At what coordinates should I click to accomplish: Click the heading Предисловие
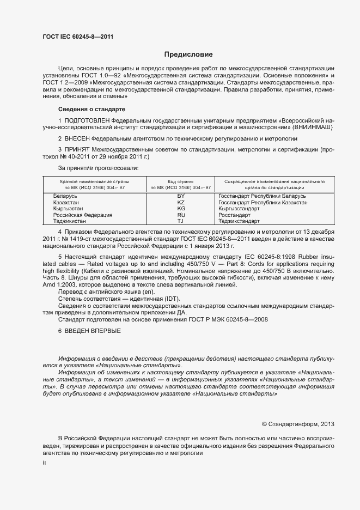tap(188, 54)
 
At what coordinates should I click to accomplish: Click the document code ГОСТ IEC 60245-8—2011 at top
tap(78, 37)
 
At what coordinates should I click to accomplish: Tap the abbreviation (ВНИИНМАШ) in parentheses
tap(314, 127)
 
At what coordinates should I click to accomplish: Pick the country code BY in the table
tap(181, 196)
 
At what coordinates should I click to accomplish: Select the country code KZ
tap(181, 202)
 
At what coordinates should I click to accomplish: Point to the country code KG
tap(181, 209)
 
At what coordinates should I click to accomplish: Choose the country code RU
tap(181, 215)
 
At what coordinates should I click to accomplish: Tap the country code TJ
tap(181, 222)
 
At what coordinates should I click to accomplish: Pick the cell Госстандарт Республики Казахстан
tap(263, 202)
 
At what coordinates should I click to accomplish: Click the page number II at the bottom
tap(44, 463)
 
